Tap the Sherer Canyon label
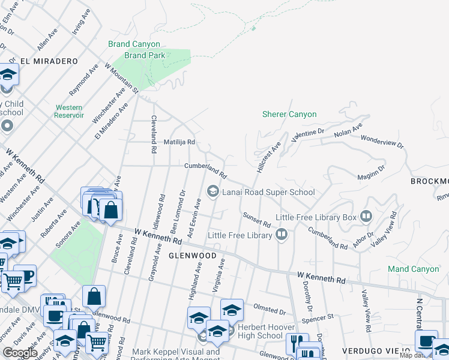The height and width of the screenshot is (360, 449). [x=289, y=114]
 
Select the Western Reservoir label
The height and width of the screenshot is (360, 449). [x=69, y=111]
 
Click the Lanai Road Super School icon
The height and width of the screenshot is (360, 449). [x=212, y=192]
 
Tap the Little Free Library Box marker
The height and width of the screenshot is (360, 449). [x=366, y=217]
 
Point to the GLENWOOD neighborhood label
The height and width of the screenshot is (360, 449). [x=192, y=256]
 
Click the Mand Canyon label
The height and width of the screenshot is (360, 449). [x=413, y=269]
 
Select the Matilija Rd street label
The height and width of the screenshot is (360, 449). [x=179, y=142]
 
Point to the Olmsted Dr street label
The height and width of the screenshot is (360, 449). [x=270, y=311]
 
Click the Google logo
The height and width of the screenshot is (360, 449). [x=19, y=353]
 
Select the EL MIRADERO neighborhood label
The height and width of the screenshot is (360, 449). [x=41, y=61]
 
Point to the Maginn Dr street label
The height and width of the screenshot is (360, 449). [x=372, y=175]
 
